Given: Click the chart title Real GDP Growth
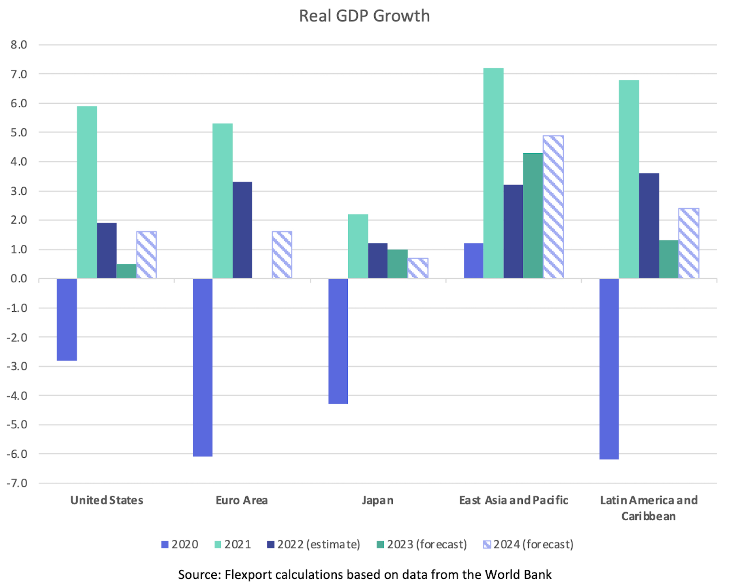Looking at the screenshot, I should coord(364,16).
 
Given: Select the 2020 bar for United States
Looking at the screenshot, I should coord(67,319).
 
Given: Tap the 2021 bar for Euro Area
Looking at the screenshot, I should coord(222,201).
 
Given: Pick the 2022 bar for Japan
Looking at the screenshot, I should coord(377,261).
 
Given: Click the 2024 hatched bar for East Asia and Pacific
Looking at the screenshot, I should coord(553,207).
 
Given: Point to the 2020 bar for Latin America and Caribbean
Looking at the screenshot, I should coord(609,369).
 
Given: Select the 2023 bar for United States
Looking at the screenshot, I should coord(126,271).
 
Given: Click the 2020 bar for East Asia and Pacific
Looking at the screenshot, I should coord(473,261).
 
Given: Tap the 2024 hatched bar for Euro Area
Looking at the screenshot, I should coord(282,255).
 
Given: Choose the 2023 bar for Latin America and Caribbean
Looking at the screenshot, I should coord(669,259).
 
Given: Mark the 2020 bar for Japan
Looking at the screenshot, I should coord(338,341).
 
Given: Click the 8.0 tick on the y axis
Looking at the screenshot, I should coord(19,45).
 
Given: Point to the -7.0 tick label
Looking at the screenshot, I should coord(17,483).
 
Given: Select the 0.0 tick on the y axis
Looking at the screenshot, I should coord(19,279).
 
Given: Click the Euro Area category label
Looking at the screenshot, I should coord(241,500).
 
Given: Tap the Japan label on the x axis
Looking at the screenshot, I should coord(377,500).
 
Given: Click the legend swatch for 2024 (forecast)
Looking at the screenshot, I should coord(487,544).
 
